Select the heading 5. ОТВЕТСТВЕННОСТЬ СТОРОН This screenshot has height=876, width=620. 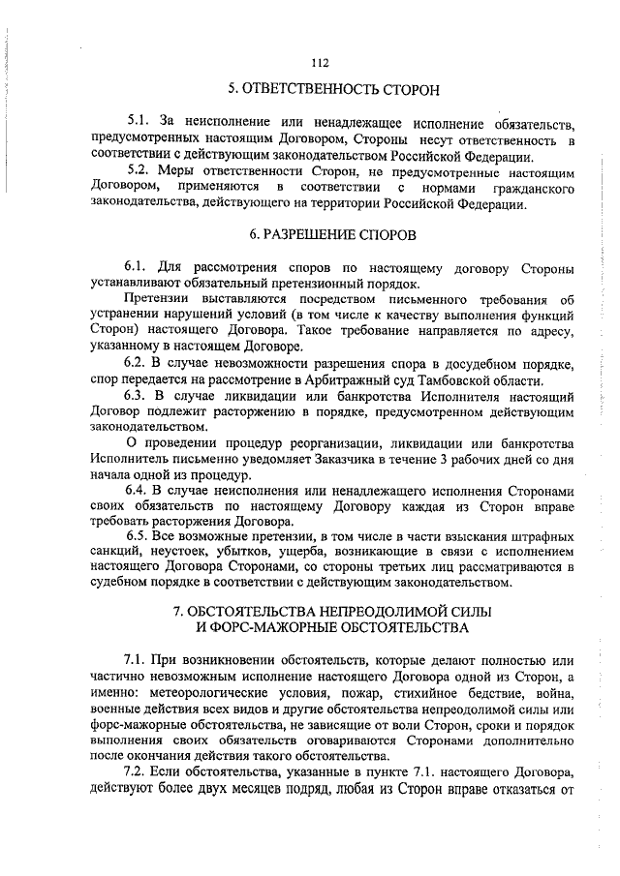[320, 90]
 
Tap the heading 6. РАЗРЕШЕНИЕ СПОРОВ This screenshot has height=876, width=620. [320, 235]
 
